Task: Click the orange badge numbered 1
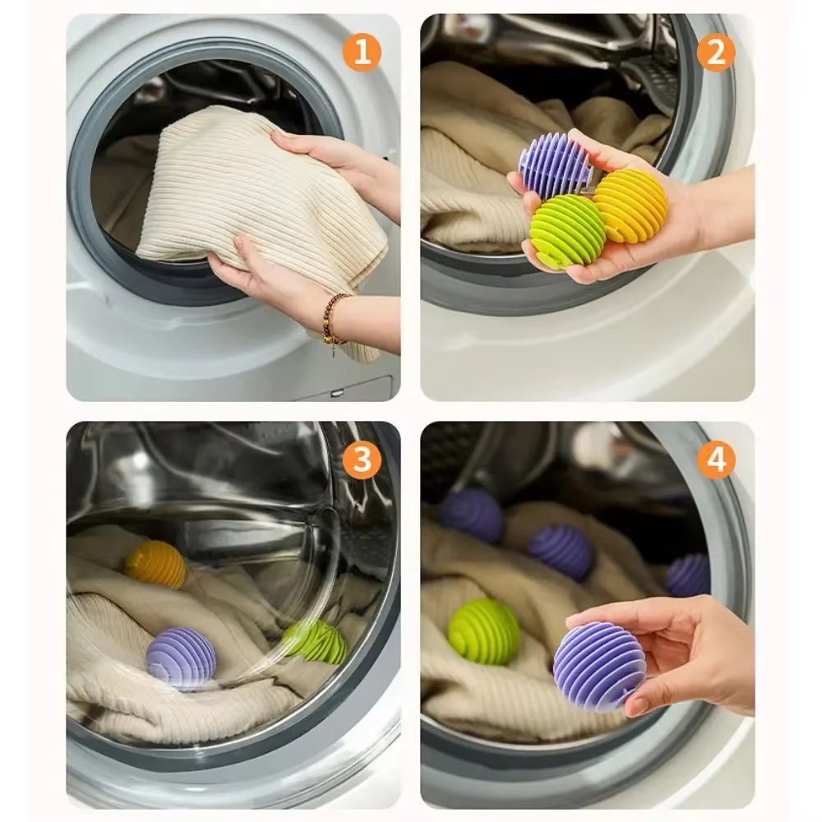362,53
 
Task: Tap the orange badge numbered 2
716,53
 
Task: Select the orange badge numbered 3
362,460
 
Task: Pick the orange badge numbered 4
716,460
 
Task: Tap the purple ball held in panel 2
555,164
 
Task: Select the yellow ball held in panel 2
631,205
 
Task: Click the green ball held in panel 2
567,232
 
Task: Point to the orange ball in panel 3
156,565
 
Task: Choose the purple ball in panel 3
181,658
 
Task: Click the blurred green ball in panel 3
316,641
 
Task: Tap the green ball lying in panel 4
483,631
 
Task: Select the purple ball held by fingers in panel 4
598,666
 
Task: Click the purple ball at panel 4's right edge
689,575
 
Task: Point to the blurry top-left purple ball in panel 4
471,515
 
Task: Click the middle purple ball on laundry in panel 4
561,552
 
